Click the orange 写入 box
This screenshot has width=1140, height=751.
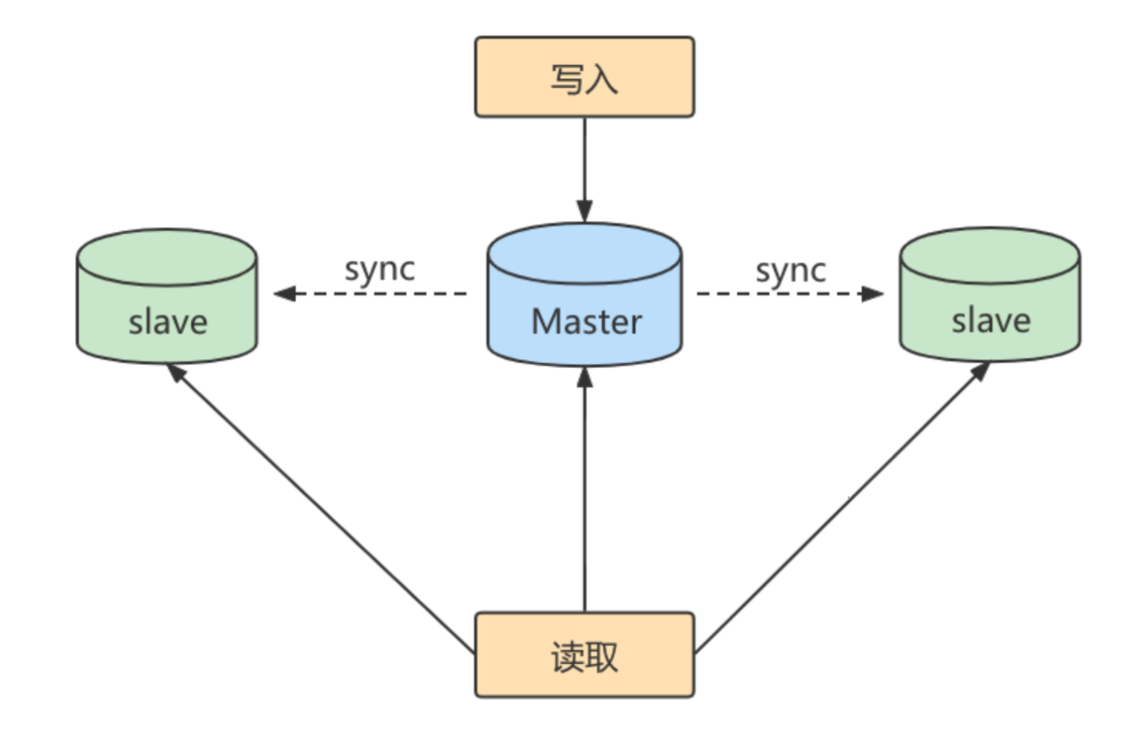[584, 77]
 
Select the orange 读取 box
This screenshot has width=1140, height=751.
[584, 655]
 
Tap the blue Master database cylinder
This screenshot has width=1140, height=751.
[585, 293]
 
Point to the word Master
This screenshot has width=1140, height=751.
[586, 322]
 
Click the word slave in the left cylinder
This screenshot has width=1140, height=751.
[168, 322]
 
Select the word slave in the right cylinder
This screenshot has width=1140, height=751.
[991, 320]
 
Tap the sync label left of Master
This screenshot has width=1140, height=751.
[379, 269]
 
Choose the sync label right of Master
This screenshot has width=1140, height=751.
[790, 270]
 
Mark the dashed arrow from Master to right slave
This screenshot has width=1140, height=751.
[788, 293]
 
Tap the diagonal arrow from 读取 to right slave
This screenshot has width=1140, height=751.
[843, 504]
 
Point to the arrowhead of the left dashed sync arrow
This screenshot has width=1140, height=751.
[285, 293]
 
